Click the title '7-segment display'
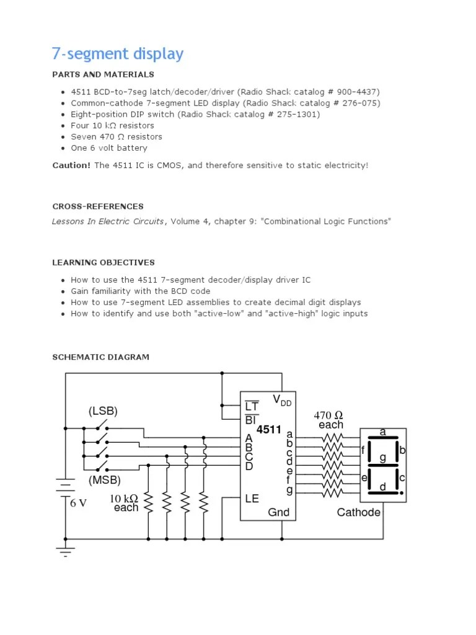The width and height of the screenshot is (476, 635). [x=118, y=54]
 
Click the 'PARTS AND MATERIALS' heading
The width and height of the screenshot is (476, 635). [x=103, y=74]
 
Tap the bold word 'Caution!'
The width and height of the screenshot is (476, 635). [x=71, y=166]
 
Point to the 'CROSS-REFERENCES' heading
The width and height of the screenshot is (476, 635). [x=98, y=206]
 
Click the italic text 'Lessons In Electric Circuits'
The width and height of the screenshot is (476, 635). [x=108, y=221]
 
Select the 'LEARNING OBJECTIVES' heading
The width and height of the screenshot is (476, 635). [x=104, y=262]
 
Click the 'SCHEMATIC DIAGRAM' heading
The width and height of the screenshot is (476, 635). [x=100, y=357]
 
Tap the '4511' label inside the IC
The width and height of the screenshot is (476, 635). [x=269, y=429]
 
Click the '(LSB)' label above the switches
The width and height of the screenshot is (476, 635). [x=103, y=411]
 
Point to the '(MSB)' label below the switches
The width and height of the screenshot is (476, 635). [x=104, y=479]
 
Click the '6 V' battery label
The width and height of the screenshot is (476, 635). [x=78, y=503]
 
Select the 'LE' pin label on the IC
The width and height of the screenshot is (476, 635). [x=252, y=498]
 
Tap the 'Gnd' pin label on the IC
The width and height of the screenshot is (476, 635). [x=278, y=512]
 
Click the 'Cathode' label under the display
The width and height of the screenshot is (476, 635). [x=359, y=512]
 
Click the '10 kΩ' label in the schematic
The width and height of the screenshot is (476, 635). [x=125, y=498]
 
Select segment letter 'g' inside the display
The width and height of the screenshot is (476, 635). [x=383, y=458]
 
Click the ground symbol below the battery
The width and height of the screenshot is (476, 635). [x=65, y=550]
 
